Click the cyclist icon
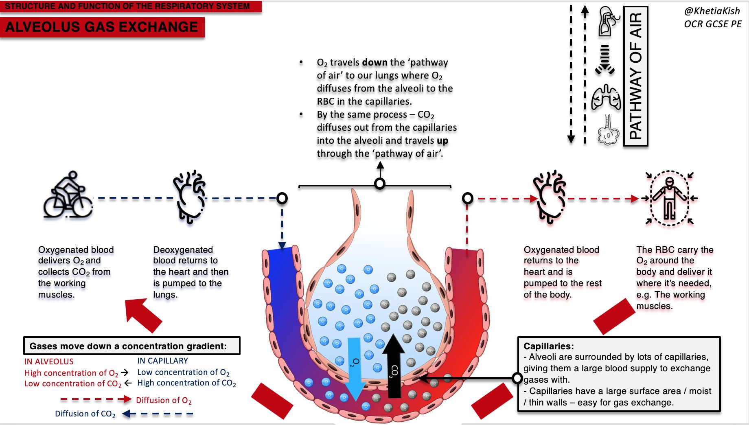tap(68, 195)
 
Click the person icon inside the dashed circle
tap(669, 198)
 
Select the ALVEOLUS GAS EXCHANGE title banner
tap(102, 27)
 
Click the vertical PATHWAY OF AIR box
tap(635, 76)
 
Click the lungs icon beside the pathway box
tap(606, 98)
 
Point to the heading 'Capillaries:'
tap(548, 346)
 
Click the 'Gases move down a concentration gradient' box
tap(131, 346)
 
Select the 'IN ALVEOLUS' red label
tap(49, 361)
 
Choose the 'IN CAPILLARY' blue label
tap(162, 361)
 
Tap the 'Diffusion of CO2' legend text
tap(85, 414)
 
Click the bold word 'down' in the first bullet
tap(374, 62)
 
